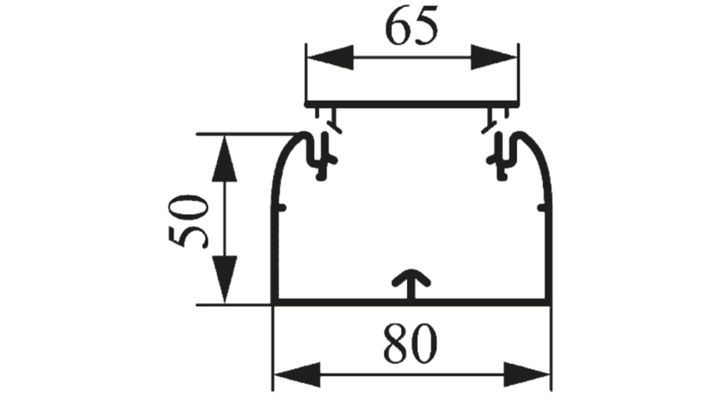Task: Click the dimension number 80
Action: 410,344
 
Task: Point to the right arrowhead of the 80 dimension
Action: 526,375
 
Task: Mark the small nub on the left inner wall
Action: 282,207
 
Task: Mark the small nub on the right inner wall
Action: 542,207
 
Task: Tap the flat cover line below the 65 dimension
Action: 412,104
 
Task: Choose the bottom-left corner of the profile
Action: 275,302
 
